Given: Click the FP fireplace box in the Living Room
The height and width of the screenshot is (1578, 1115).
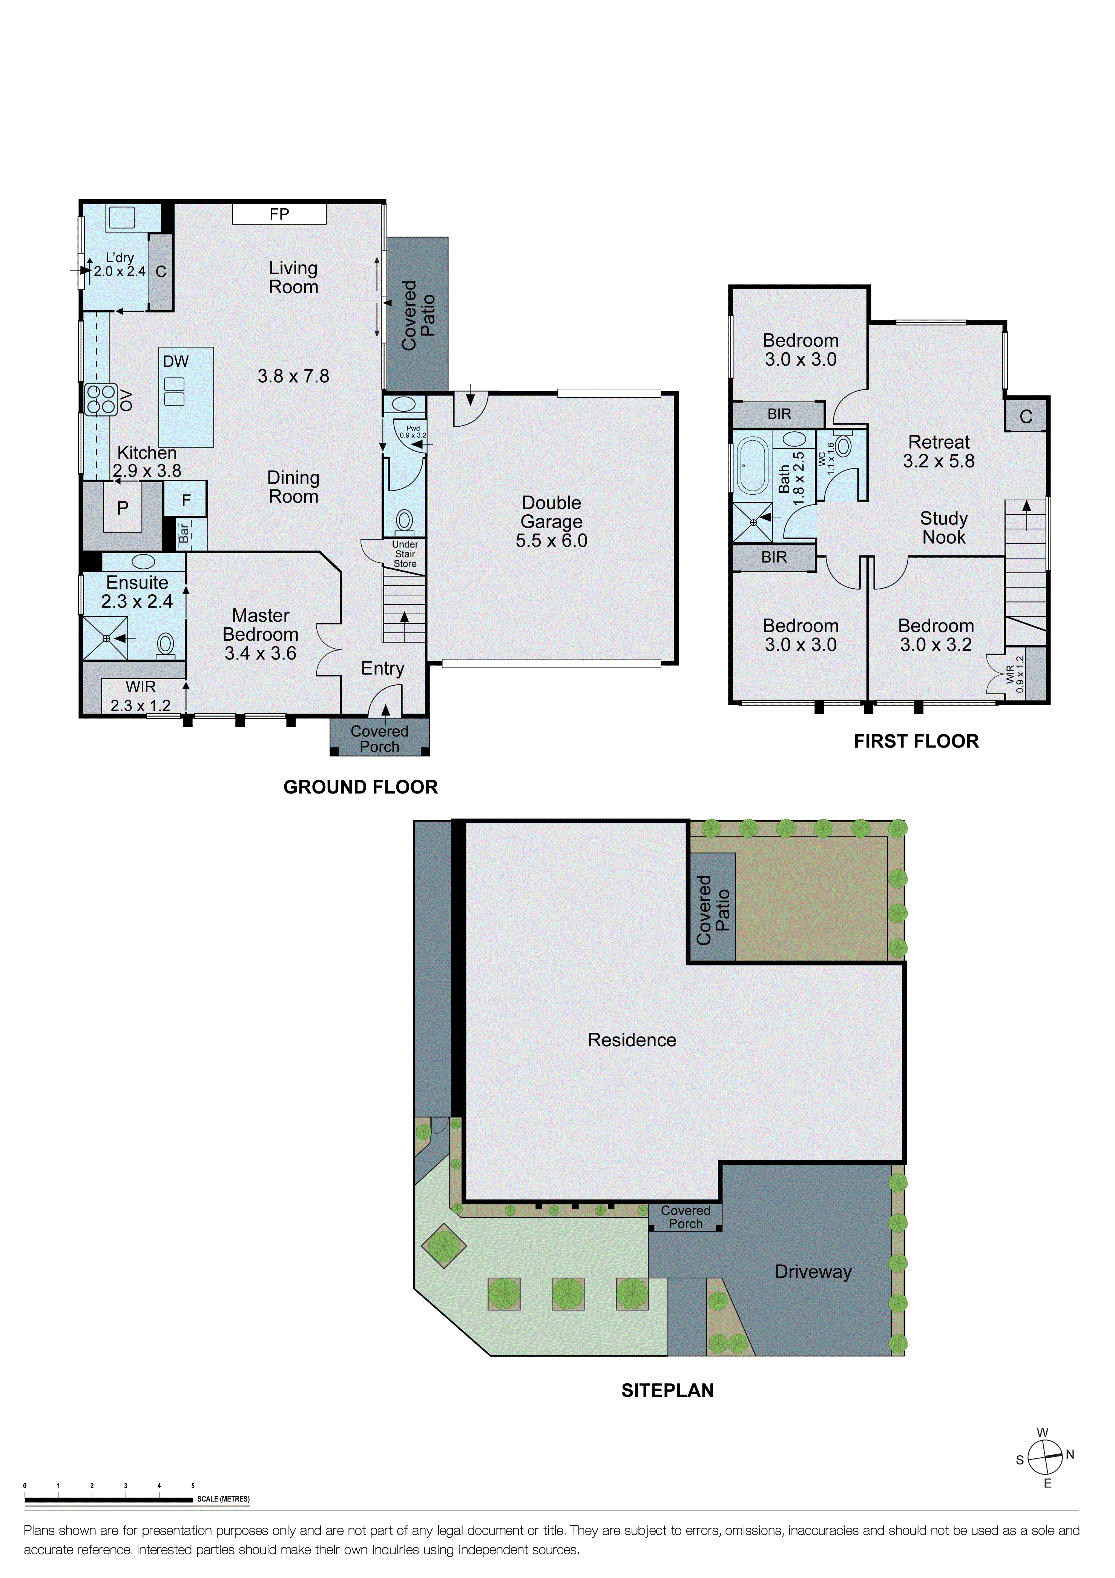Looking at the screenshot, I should click(x=279, y=214).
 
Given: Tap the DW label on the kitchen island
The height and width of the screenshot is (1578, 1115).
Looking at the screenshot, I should click(x=175, y=361).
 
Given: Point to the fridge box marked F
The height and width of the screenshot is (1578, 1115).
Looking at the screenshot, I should click(x=186, y=500).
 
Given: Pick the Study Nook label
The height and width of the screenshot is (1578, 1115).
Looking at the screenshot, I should click(x=943, y=528).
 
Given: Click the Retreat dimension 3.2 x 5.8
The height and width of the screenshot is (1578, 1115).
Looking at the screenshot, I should click(x=939, y=461).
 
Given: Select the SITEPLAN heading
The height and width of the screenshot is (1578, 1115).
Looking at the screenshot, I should click(x=667, y=1390).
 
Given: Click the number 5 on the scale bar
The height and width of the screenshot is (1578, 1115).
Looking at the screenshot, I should click(x=193, y=1486).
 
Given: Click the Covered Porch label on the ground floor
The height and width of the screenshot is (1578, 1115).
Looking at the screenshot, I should click(x=379, y=739).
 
